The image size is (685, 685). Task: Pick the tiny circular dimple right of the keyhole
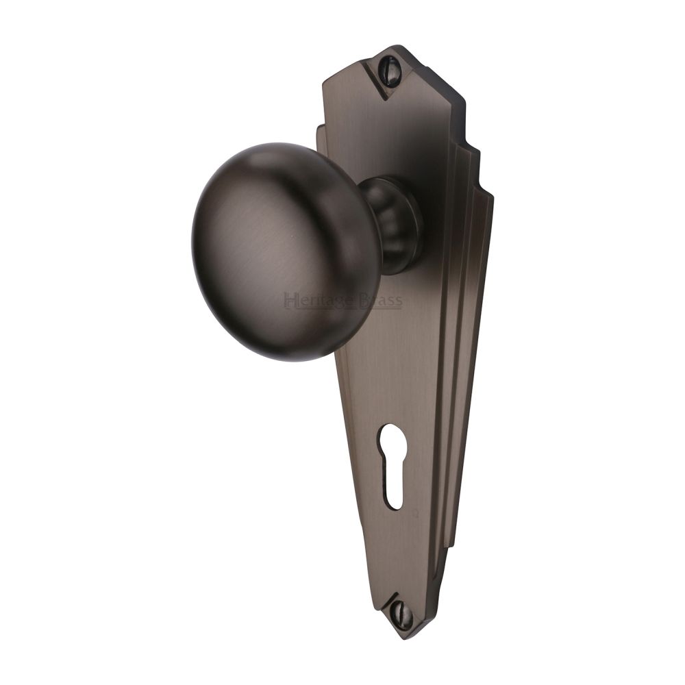[419, 510]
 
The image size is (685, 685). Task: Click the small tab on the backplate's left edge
[321, 129]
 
